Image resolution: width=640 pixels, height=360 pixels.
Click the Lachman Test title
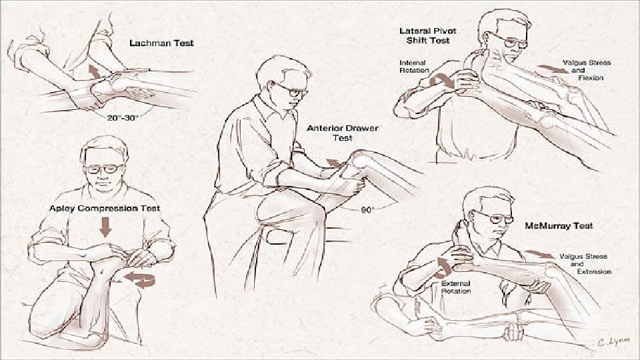pos(161,43)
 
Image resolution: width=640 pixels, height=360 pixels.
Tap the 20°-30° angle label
pos(123,117)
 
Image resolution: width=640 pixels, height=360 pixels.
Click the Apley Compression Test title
pos(105,208)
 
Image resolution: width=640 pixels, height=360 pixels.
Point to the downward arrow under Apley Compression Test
pos(105,227)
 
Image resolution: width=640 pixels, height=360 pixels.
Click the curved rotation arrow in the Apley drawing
pos(141,279)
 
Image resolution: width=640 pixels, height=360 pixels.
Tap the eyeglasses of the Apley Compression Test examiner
pos(104,168)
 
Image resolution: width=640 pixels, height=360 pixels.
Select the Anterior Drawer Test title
pos(343,133)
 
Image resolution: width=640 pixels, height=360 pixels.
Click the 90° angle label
pos(367,210)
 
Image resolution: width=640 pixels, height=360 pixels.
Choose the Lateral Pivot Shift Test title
pos(428,35)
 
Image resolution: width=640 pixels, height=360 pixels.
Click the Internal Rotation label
pos(414,67)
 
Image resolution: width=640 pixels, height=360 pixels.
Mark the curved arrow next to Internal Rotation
pos(443,81)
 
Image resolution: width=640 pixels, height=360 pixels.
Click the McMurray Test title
pos(559,226)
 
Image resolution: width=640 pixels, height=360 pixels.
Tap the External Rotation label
pos(456,287)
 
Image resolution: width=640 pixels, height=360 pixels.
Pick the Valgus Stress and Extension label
pos(585,264)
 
